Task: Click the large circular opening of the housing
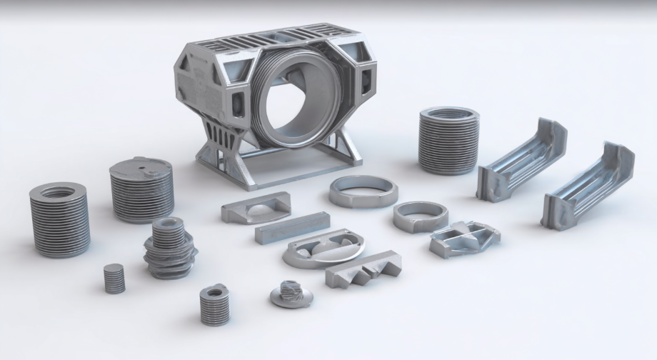coord(294,104)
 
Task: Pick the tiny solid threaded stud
coord(114,278)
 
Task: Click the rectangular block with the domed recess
coord(255,208)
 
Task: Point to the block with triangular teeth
coord(362,268)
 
